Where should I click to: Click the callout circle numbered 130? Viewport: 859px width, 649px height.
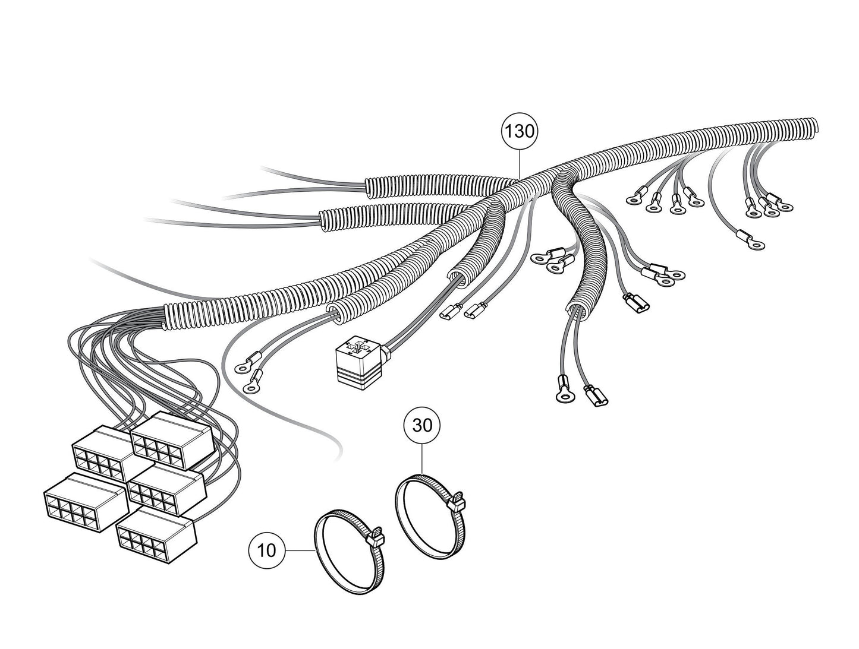(520, 132)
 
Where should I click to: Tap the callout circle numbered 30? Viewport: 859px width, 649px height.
(422, 425)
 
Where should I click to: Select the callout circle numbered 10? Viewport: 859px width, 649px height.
(266, 550)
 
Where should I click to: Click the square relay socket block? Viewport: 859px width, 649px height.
(358, 363)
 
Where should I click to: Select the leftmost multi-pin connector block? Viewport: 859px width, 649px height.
(86, 502)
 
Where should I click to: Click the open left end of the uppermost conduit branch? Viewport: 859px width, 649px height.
(369, 187)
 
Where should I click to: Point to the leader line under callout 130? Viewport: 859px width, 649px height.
(520, 164)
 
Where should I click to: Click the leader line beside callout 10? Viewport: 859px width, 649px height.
(300, 550)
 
